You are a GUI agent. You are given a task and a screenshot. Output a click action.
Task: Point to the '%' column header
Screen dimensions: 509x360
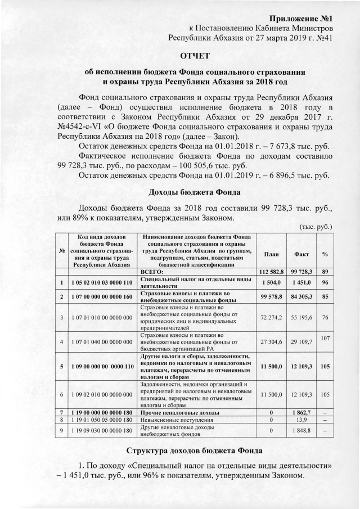point(325,254)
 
